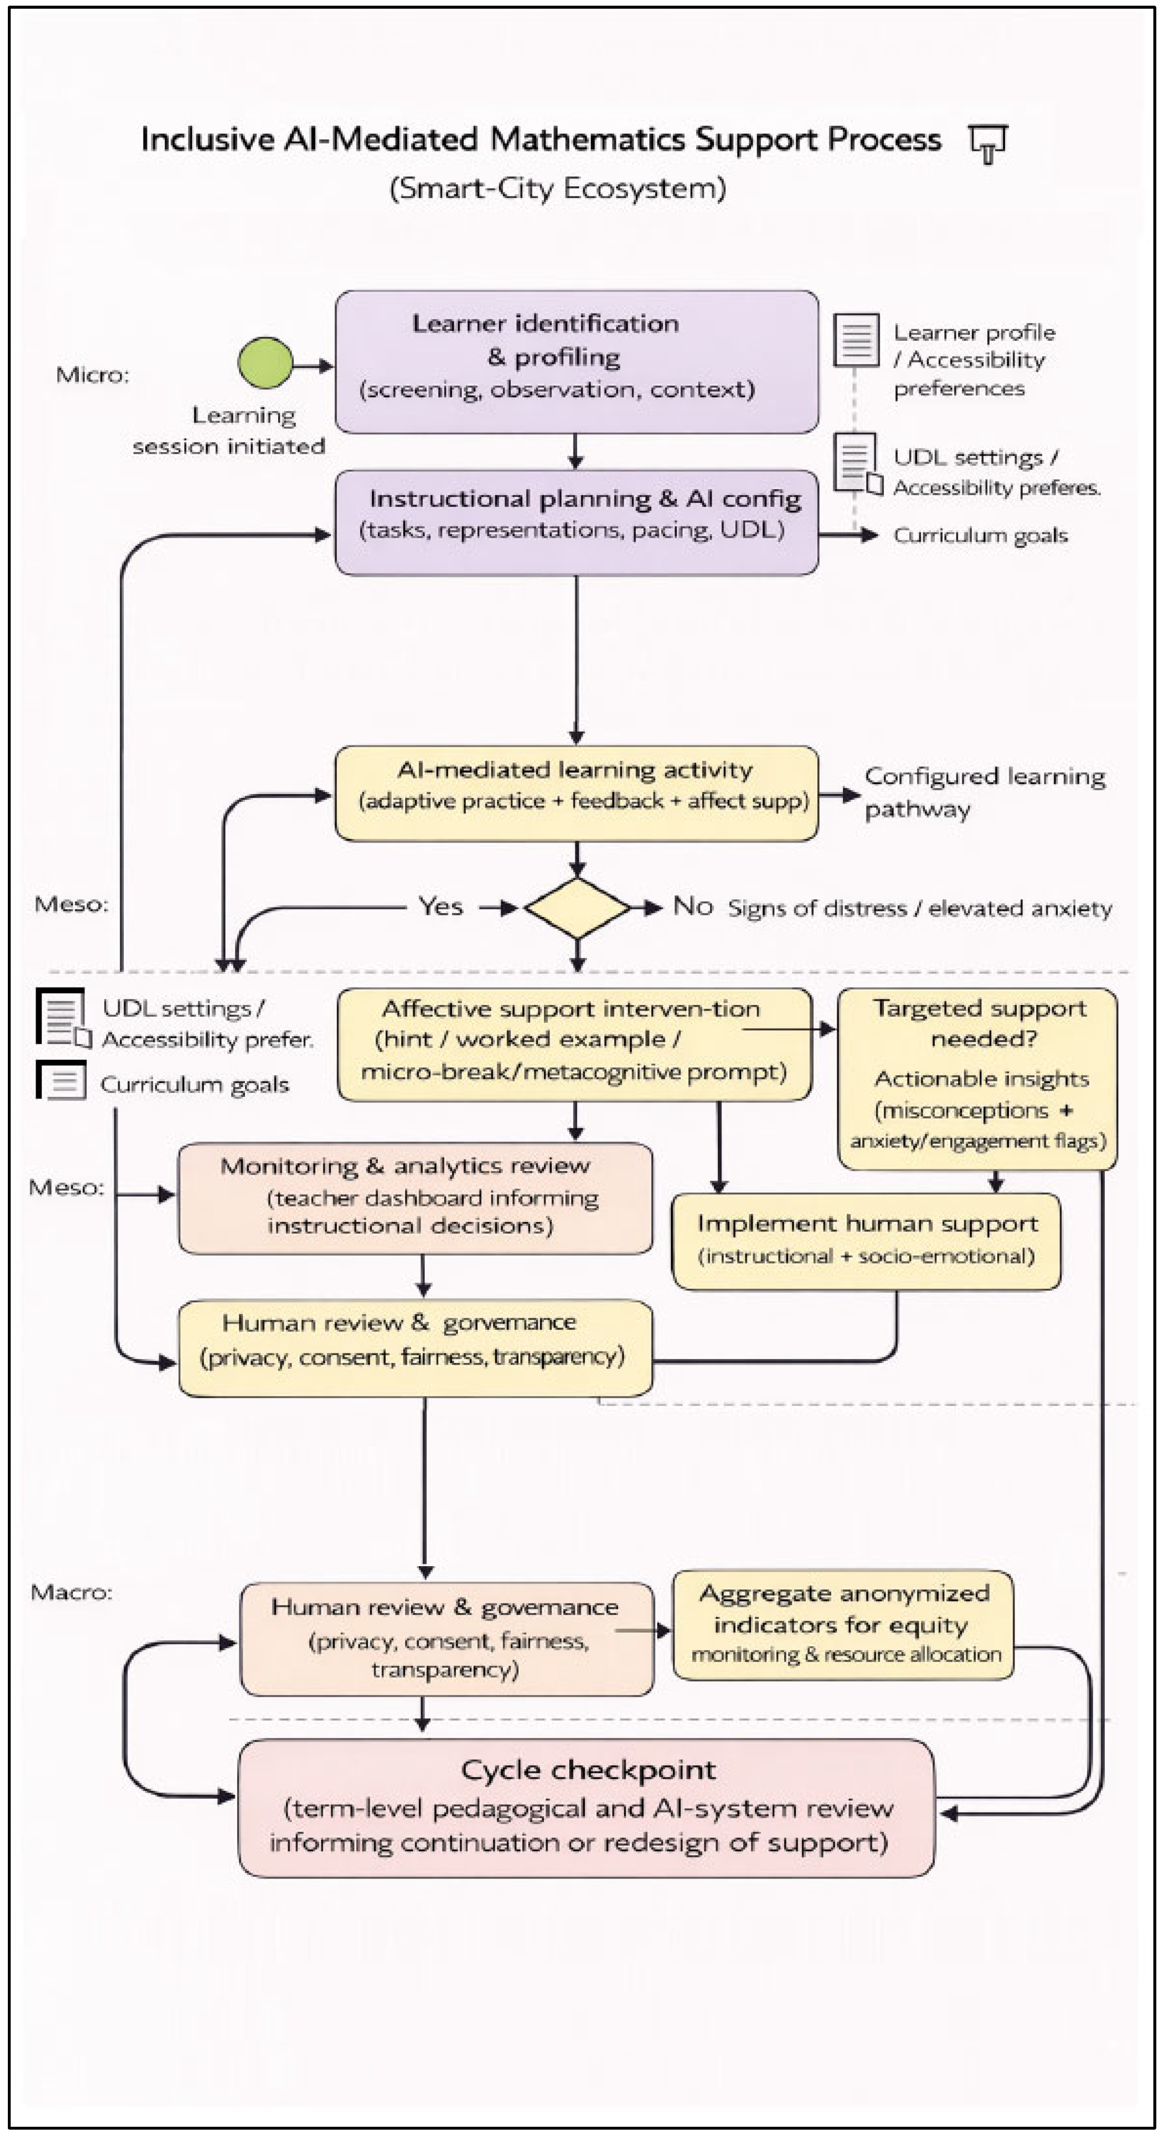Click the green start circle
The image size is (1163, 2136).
[265, 362]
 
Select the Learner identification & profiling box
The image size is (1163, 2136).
[577, 361]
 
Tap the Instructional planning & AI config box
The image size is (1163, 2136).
[577, 522]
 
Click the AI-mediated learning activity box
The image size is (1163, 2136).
[577, 793]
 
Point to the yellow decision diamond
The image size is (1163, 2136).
[578, 908]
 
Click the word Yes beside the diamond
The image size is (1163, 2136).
[440, 906]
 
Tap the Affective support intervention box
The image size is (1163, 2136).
[574, 1044]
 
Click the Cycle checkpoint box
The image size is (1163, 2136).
[586, 1807]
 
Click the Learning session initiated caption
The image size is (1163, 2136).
[229, 431]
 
